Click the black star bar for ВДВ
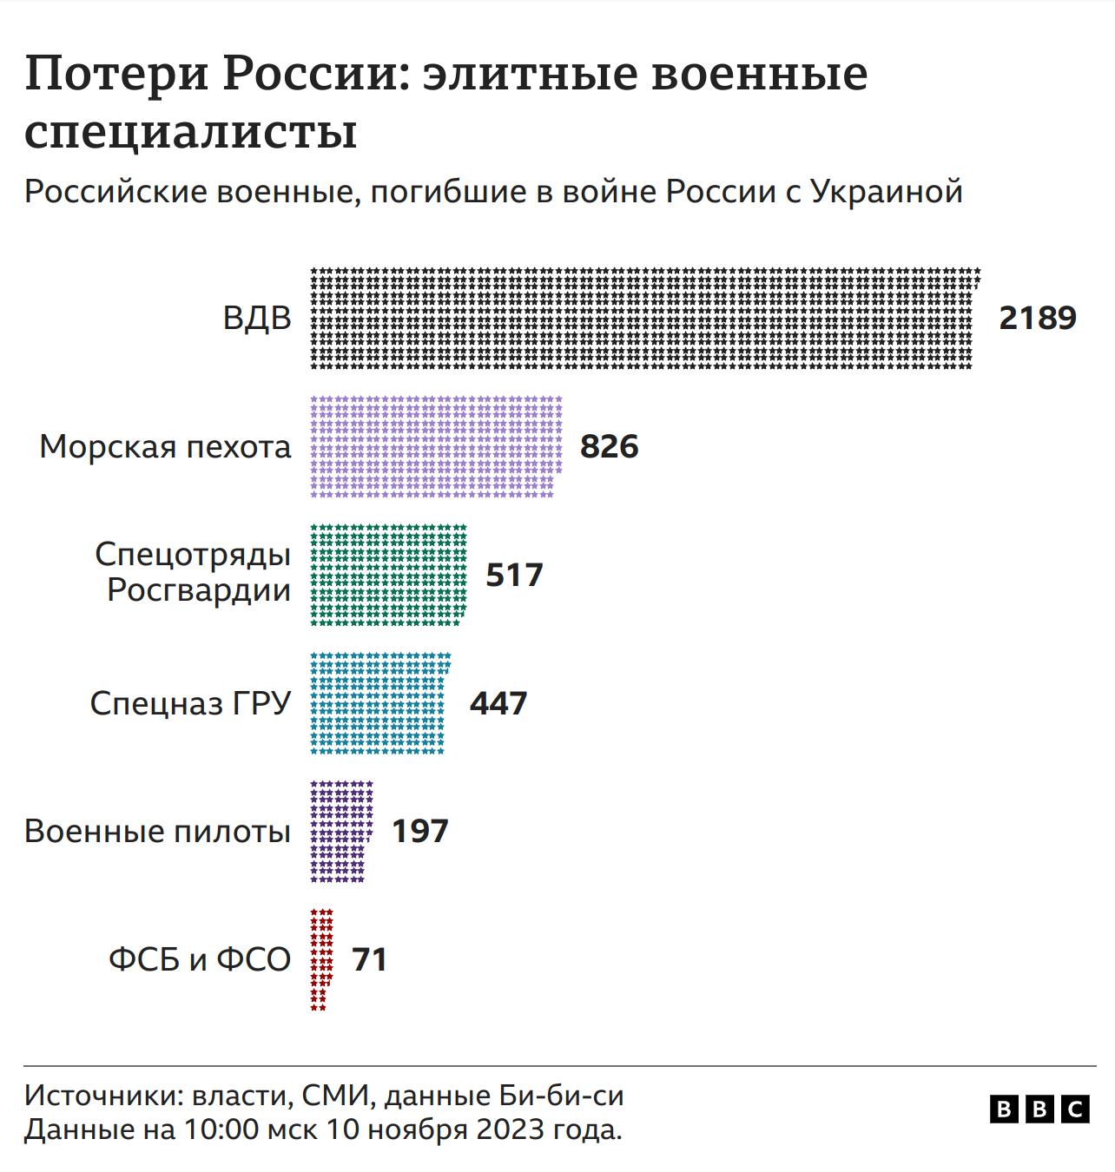tap(643, 318)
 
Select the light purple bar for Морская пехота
tap(436, 446)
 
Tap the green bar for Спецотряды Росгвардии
tap(388, 575)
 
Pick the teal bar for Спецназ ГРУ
tap(379, 703)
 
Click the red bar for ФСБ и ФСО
tap(321, 958)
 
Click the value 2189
tap(1038, 318)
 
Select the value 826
tap(610, 446)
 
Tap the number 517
tap(514, 575)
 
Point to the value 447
tap(498, 703)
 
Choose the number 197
tap(420, 831)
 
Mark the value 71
tap(369, 959)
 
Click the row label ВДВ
tap(257, 318)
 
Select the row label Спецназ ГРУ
tap(190, 703)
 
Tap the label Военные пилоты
tap(157, 831)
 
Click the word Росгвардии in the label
tap(199, 590)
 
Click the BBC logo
tap(1039, 1109)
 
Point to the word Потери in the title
tap(116, 74)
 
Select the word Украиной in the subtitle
tap(887, 192)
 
